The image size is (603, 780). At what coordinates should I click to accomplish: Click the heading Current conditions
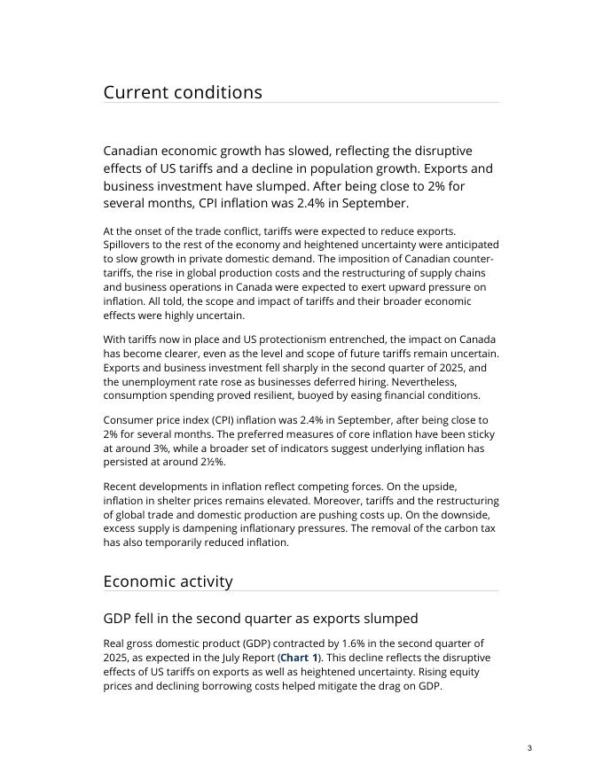pos(183,92)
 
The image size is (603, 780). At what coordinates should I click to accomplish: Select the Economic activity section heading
pos(168,581)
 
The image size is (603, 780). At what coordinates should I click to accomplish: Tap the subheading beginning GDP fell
pos(260,618)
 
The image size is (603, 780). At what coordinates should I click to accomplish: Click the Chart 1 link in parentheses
pos(299,658)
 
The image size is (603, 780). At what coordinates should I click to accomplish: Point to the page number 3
pos(529,749)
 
